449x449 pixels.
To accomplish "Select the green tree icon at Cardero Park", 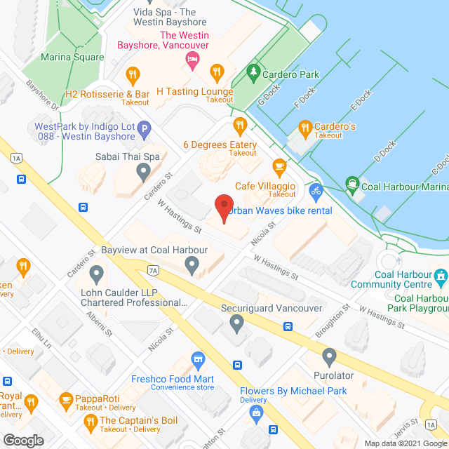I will tap(253, 73).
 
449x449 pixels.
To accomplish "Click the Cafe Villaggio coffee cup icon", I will tap(279, 168).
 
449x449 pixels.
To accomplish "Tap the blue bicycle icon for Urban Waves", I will tap(316, 190).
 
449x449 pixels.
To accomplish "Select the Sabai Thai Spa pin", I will tap(144, 170).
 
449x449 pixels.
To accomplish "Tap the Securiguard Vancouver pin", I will tap(236, 323).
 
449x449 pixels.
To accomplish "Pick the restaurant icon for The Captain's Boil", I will tap(90, 421).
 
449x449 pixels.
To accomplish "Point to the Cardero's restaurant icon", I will tap(304, 127).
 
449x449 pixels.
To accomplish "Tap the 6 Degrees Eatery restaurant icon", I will tap(241, 126).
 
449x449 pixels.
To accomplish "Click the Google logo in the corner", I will tap(22, 440).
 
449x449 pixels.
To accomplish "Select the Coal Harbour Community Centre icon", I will tap(441, 278).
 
